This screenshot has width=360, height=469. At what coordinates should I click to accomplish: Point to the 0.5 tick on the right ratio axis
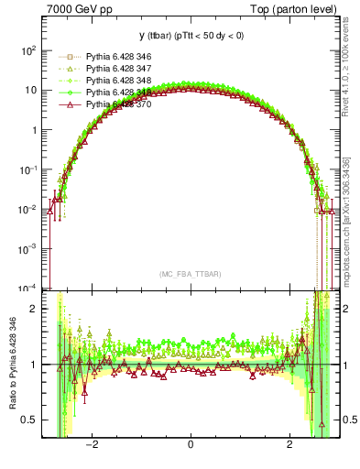pyautogui.click(x=350, y=420)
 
